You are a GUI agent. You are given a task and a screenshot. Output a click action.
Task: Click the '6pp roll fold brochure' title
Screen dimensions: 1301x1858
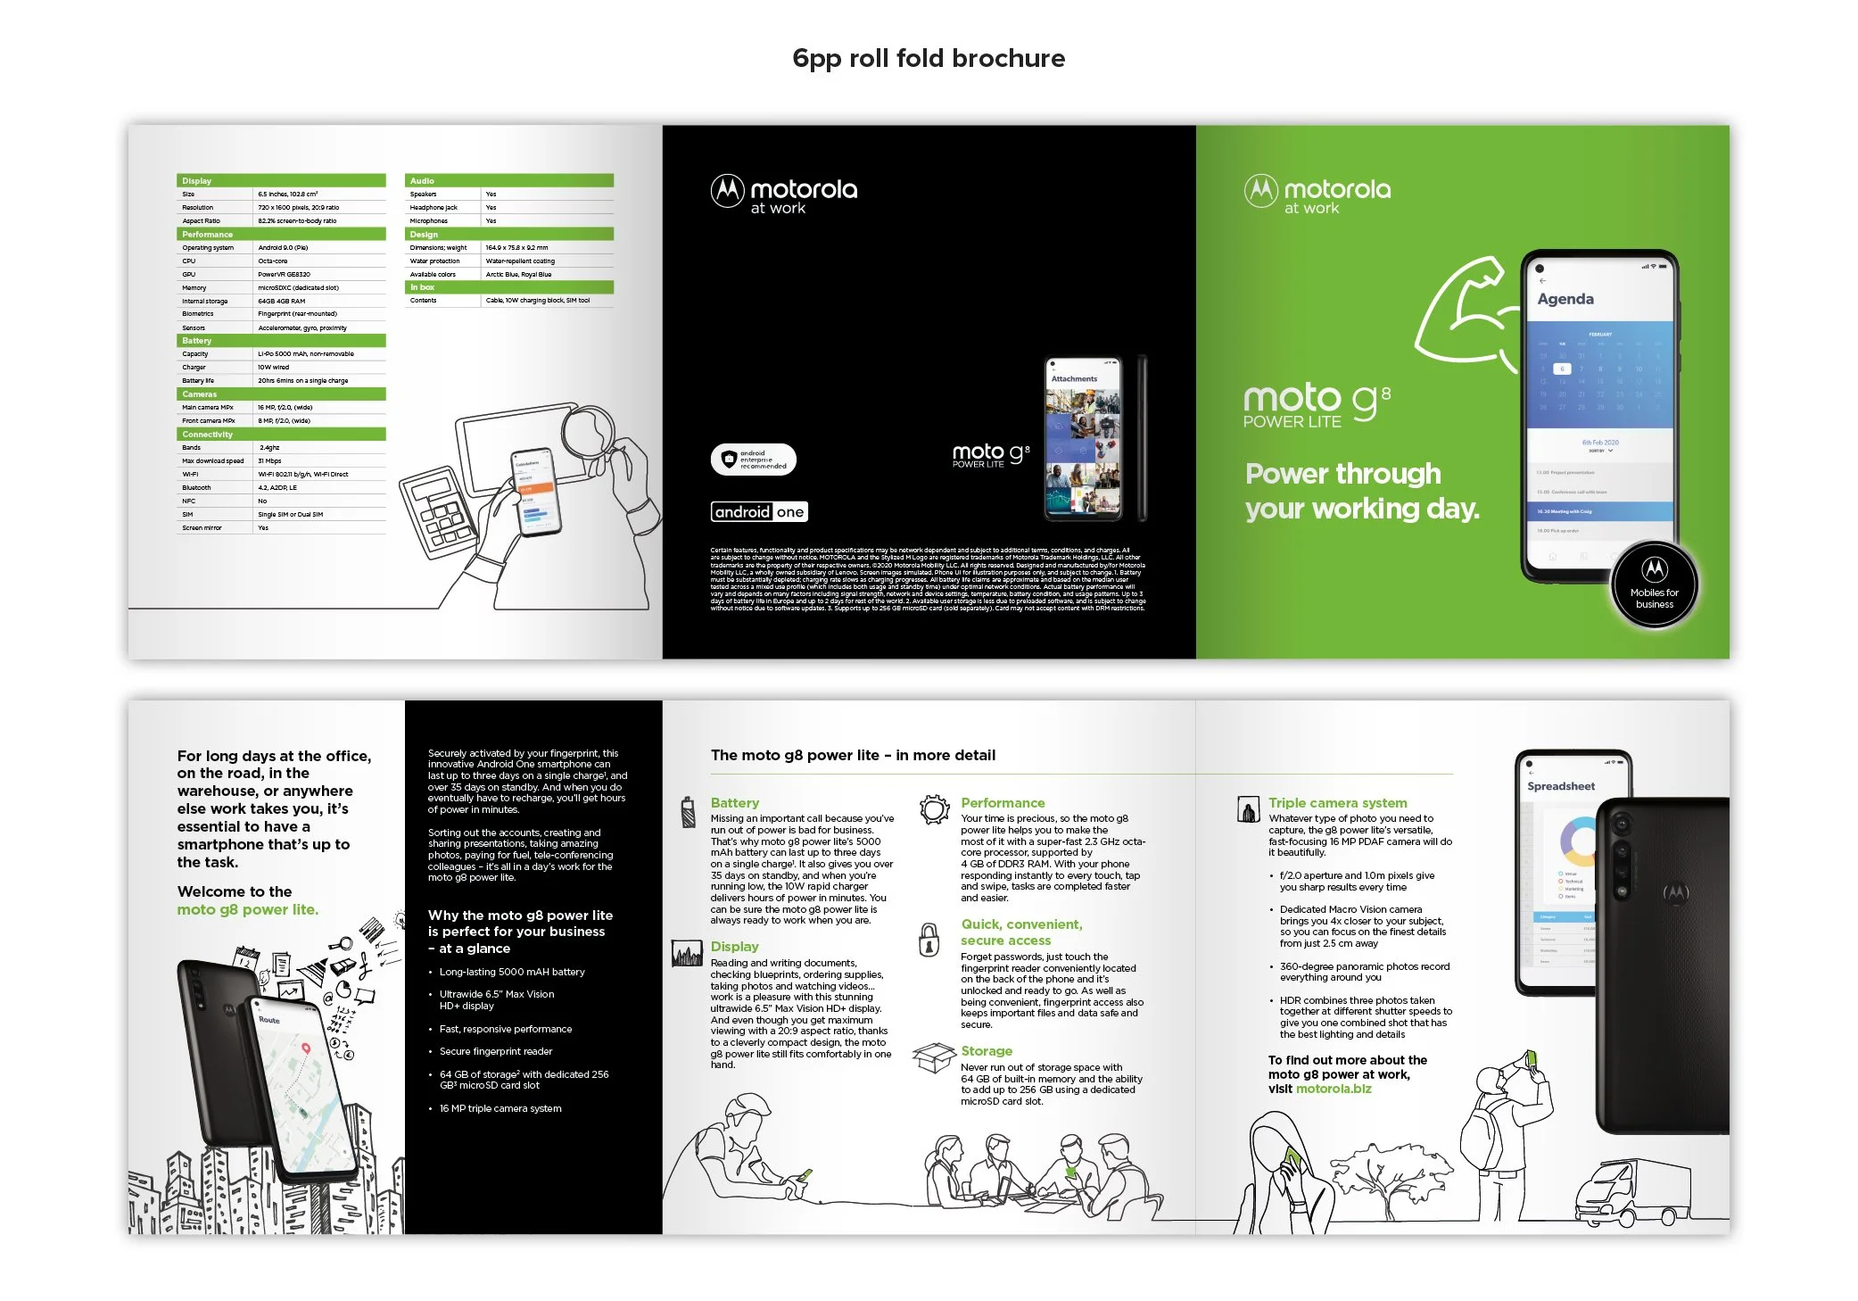coord(928,58)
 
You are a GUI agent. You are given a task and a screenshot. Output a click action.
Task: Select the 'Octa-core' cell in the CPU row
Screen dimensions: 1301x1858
coord(273,261)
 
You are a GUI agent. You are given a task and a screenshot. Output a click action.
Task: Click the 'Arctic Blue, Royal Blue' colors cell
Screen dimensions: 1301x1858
coord(518,275)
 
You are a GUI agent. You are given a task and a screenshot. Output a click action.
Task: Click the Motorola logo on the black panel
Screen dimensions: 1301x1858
coord(783,194)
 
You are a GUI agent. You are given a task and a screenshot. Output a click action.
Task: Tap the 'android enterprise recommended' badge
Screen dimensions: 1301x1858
coord(754,460)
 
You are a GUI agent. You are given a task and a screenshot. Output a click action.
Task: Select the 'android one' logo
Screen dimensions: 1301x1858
coord(759,511)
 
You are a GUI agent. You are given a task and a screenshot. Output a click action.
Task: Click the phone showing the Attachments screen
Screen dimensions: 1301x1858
coord(1083,439)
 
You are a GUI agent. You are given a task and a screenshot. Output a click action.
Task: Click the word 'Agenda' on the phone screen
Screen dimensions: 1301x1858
coord(1565,299)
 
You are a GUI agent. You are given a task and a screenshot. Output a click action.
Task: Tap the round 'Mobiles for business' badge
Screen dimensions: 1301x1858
coord(1654,585)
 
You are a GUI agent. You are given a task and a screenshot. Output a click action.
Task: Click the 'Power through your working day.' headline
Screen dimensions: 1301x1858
coord(1361,491)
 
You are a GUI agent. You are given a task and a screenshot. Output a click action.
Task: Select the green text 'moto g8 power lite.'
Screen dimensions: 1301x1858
coord(247,909)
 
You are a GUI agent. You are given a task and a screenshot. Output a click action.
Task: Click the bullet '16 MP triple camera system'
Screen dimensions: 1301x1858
coord(500,1108)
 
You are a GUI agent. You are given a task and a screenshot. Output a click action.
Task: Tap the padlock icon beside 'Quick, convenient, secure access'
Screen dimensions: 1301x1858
coord(929,940)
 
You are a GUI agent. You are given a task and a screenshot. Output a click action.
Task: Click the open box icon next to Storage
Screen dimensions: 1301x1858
coord(933,1058)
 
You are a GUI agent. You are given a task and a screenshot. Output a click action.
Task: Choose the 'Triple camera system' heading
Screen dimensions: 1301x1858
coord(1337,803)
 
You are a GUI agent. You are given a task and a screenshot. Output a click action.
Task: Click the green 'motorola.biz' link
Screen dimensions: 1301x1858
coord(1333,1089)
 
